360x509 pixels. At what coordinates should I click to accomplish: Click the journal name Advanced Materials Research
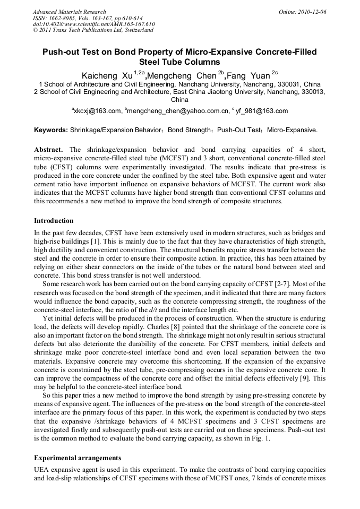point(69,12)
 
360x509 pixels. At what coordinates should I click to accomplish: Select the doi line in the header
point(93,24)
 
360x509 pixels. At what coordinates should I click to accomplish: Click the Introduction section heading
point(54,220)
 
